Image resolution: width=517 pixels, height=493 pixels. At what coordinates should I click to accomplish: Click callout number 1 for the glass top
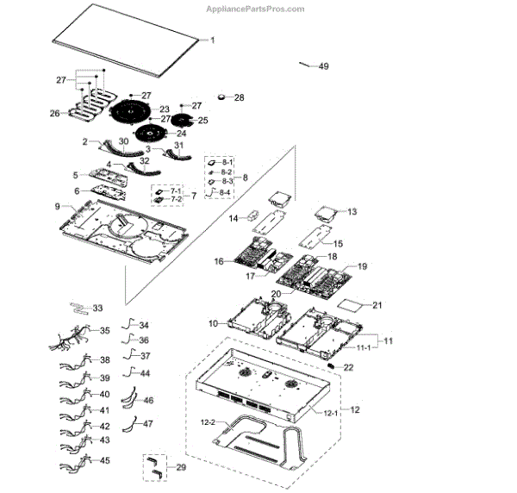(x=214, y=41)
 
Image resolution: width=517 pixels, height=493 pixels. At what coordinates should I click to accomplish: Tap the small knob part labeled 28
(x=227, y=97)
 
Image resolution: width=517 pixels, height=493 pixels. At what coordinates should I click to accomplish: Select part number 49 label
(x=323, y=66)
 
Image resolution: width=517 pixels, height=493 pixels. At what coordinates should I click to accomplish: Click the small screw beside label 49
(x=305, y=64)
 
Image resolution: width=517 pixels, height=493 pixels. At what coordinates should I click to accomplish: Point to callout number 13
(x=352, y=211)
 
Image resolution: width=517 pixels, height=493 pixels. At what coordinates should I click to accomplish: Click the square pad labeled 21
(x=351, y=304)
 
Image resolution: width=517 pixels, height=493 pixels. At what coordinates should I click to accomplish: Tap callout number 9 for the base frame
(x=57, y=207)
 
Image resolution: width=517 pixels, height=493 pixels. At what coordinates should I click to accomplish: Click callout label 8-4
(x=224, y=193)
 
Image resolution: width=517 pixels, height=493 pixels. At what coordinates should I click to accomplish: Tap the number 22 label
(x=348, y=367)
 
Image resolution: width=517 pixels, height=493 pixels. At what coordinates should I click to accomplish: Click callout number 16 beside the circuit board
(x=219, y=261)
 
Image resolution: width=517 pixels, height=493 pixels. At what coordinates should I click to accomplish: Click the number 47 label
(x=147, y=424)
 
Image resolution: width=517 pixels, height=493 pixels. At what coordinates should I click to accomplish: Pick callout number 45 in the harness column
(x=105, y=461)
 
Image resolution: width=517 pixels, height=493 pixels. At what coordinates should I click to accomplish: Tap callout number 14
(x=233, y=219)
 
